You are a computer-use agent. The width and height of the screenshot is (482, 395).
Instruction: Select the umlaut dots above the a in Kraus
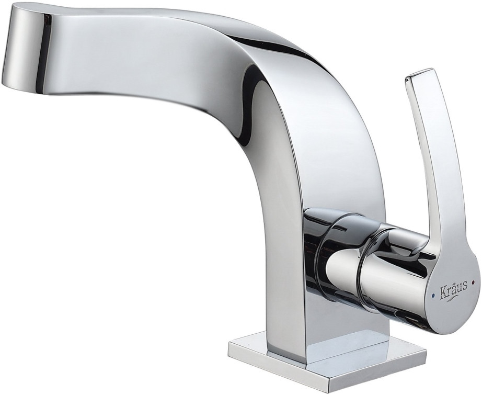click(451, 283)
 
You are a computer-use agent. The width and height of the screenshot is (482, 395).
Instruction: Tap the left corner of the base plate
click(230, 349)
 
